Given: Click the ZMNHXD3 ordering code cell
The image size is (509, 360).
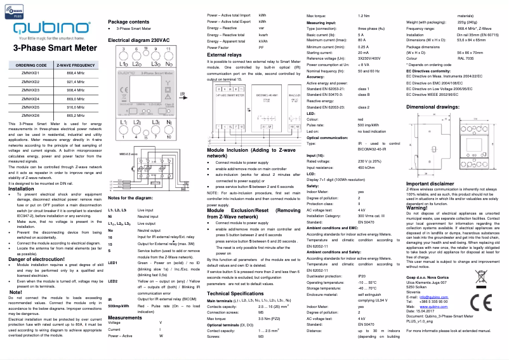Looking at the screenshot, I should pos(30,90).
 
